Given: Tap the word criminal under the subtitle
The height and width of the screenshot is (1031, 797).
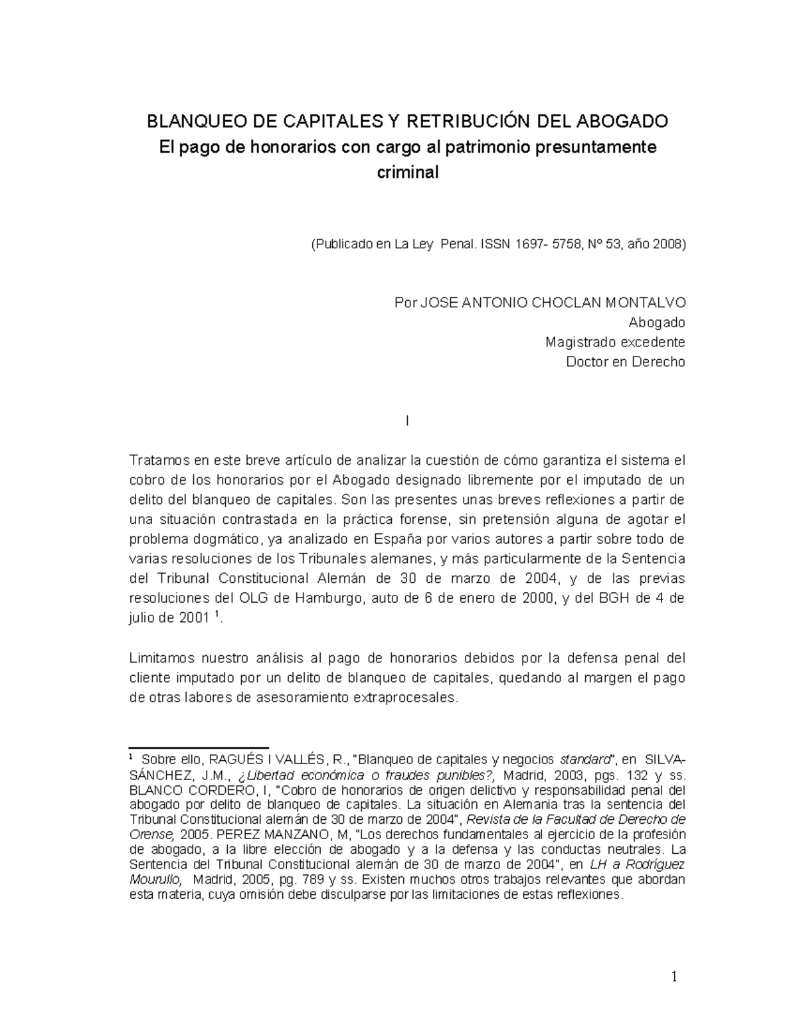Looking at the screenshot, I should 408,173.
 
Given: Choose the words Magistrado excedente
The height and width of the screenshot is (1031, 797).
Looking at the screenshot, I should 615,343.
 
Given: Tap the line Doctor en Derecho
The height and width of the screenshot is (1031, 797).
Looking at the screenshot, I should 625,362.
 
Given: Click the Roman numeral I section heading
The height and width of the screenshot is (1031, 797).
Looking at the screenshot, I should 406,421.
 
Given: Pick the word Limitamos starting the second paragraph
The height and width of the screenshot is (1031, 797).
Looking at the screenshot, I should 161,658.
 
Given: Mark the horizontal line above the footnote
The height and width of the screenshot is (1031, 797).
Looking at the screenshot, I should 198,748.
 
